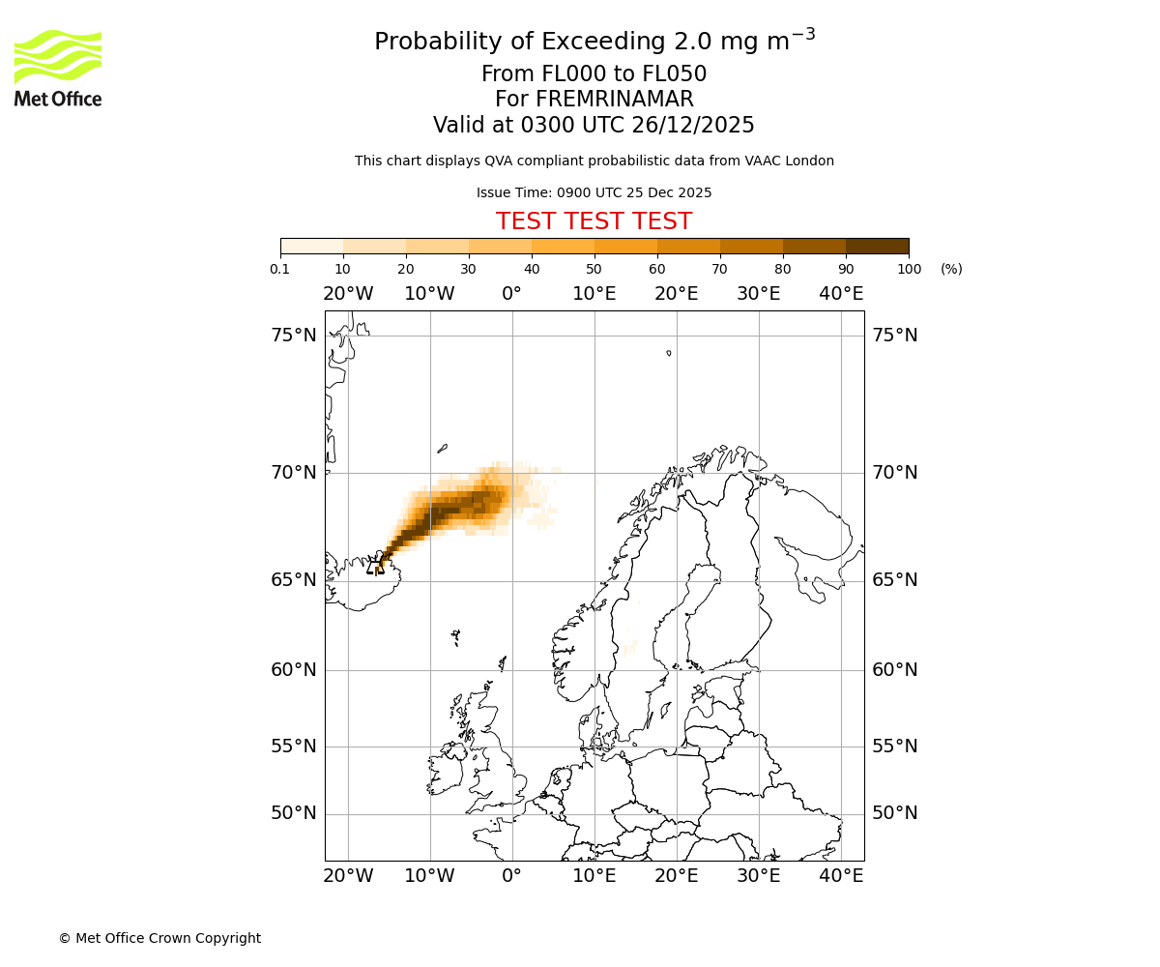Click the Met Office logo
(x=58, y=68)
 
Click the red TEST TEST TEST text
(x=594, y=221)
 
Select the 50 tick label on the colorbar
(x=594, y=269)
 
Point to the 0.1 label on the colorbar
(x=280, y=269)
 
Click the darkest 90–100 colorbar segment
(x=877, y=246)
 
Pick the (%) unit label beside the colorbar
(x=951, y=269)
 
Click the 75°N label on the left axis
(x=294, y=336)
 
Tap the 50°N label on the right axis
(x=895, y=813)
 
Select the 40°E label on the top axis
(x=841, y=294)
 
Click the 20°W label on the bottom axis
(x=348, y=876)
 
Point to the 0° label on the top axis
(x=511, y=294)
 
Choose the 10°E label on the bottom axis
(x=594, y=876)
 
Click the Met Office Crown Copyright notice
(x=159, y=938)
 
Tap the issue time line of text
(x=594, y=192)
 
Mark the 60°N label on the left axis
(x=294, y=670)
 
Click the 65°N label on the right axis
(x=895, y=580)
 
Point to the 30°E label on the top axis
(x=759, y=294)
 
